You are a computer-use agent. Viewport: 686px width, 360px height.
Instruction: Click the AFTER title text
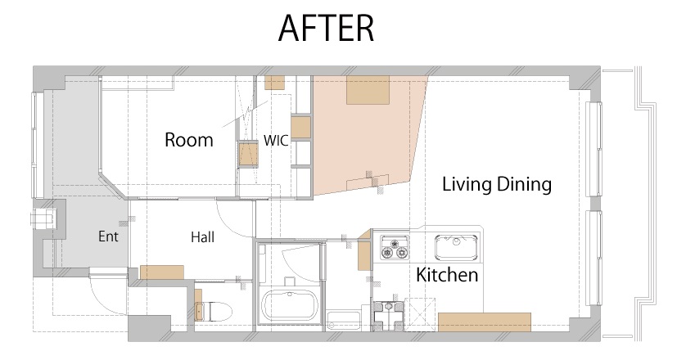point(326,28)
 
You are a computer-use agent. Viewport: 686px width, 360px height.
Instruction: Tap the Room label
point(189,140)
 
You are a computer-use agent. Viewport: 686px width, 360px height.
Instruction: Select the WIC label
point(276,141)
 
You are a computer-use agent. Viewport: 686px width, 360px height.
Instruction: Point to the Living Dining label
point(497,184)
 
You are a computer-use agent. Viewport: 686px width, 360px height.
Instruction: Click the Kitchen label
point(447,275)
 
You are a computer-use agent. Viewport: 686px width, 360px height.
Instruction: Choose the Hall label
point(202,237)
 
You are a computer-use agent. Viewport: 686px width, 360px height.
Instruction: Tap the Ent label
point(108,236)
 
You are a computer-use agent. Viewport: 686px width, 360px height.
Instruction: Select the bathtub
point(289,306)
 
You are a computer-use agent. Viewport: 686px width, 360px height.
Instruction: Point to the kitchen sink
point(456,246)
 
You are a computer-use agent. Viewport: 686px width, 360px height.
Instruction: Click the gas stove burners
point(395,248)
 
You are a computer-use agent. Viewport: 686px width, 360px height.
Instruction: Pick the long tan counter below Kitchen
point(485,322)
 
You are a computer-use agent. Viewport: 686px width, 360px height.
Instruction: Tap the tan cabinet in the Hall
point(162,272)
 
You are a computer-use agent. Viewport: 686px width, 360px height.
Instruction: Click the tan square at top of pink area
point(368,90)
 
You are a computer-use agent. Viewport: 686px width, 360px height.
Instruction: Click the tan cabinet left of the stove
point(364,254)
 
